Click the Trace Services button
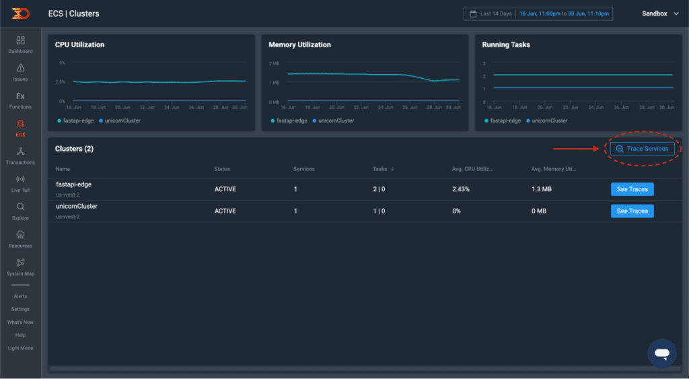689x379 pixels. point(642,149)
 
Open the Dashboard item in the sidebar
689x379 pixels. point(20,44)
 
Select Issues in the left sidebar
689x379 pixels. point(20,73)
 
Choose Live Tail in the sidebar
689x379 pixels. point(20,184)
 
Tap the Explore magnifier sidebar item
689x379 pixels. point(20,211)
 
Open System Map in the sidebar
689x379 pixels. point(20,267)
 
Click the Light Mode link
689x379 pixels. point(20,348)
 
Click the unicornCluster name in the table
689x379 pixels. point(77,207)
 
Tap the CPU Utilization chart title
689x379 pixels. point(79,45)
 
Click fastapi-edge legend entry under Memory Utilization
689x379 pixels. point(289,120)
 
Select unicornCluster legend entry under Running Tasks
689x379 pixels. point(546,120)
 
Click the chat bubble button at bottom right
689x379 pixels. point(661,353)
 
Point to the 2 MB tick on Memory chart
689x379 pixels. point(274,63)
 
